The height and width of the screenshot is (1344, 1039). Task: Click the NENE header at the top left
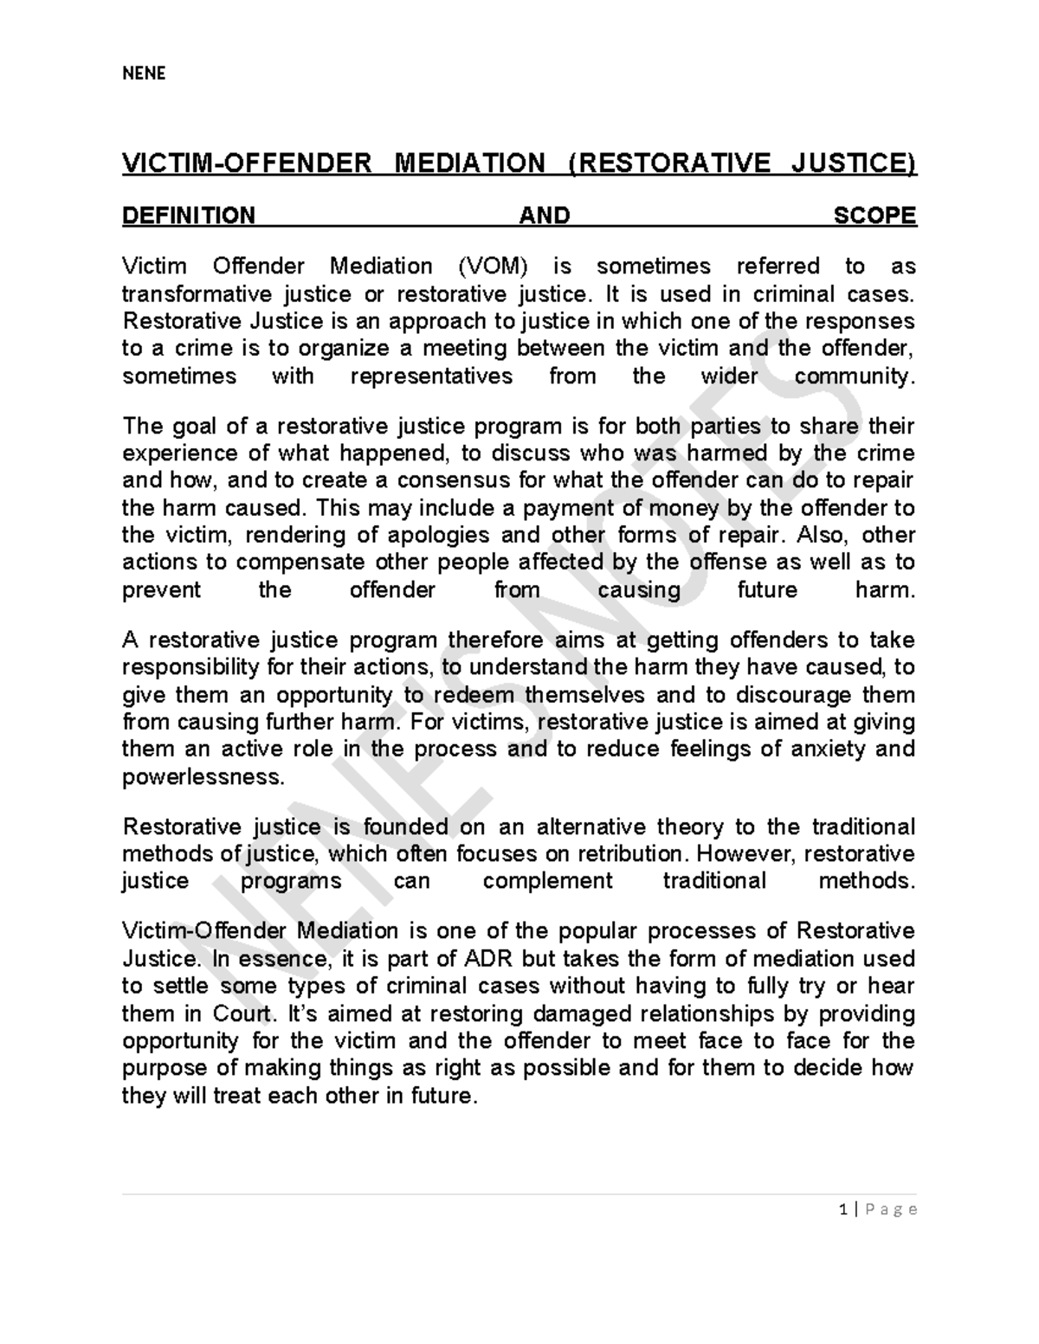(144, 74)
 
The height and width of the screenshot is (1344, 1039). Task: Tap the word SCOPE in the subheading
(874, 215)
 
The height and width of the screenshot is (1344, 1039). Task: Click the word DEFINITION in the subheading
(189, 215)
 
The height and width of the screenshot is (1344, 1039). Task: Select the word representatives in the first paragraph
(431, 376)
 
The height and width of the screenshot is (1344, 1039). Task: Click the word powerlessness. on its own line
(203, 777)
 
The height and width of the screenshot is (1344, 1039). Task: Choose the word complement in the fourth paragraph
(547, 881)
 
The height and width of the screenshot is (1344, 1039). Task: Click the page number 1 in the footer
(842, 1210)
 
